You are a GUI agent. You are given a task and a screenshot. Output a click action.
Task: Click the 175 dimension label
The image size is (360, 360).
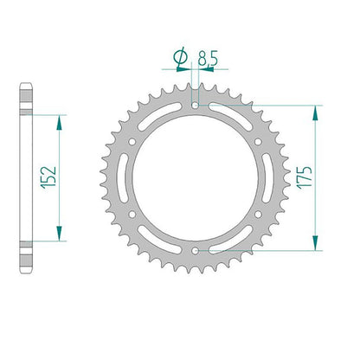305,177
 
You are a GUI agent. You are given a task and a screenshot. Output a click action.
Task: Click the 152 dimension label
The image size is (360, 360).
48,177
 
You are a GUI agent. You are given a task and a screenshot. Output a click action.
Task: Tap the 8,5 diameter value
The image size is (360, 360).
208,58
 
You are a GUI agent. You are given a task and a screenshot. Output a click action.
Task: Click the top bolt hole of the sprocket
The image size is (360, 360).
196,106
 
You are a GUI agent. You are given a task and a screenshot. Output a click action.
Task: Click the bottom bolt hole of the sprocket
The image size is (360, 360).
196,251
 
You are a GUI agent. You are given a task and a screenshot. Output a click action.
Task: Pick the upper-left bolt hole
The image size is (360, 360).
132,142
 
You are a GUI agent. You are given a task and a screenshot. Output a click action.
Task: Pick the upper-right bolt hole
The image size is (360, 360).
258,142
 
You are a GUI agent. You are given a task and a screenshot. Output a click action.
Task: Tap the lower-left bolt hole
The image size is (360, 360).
132,215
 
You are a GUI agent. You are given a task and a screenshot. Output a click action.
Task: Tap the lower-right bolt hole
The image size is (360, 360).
258,215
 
